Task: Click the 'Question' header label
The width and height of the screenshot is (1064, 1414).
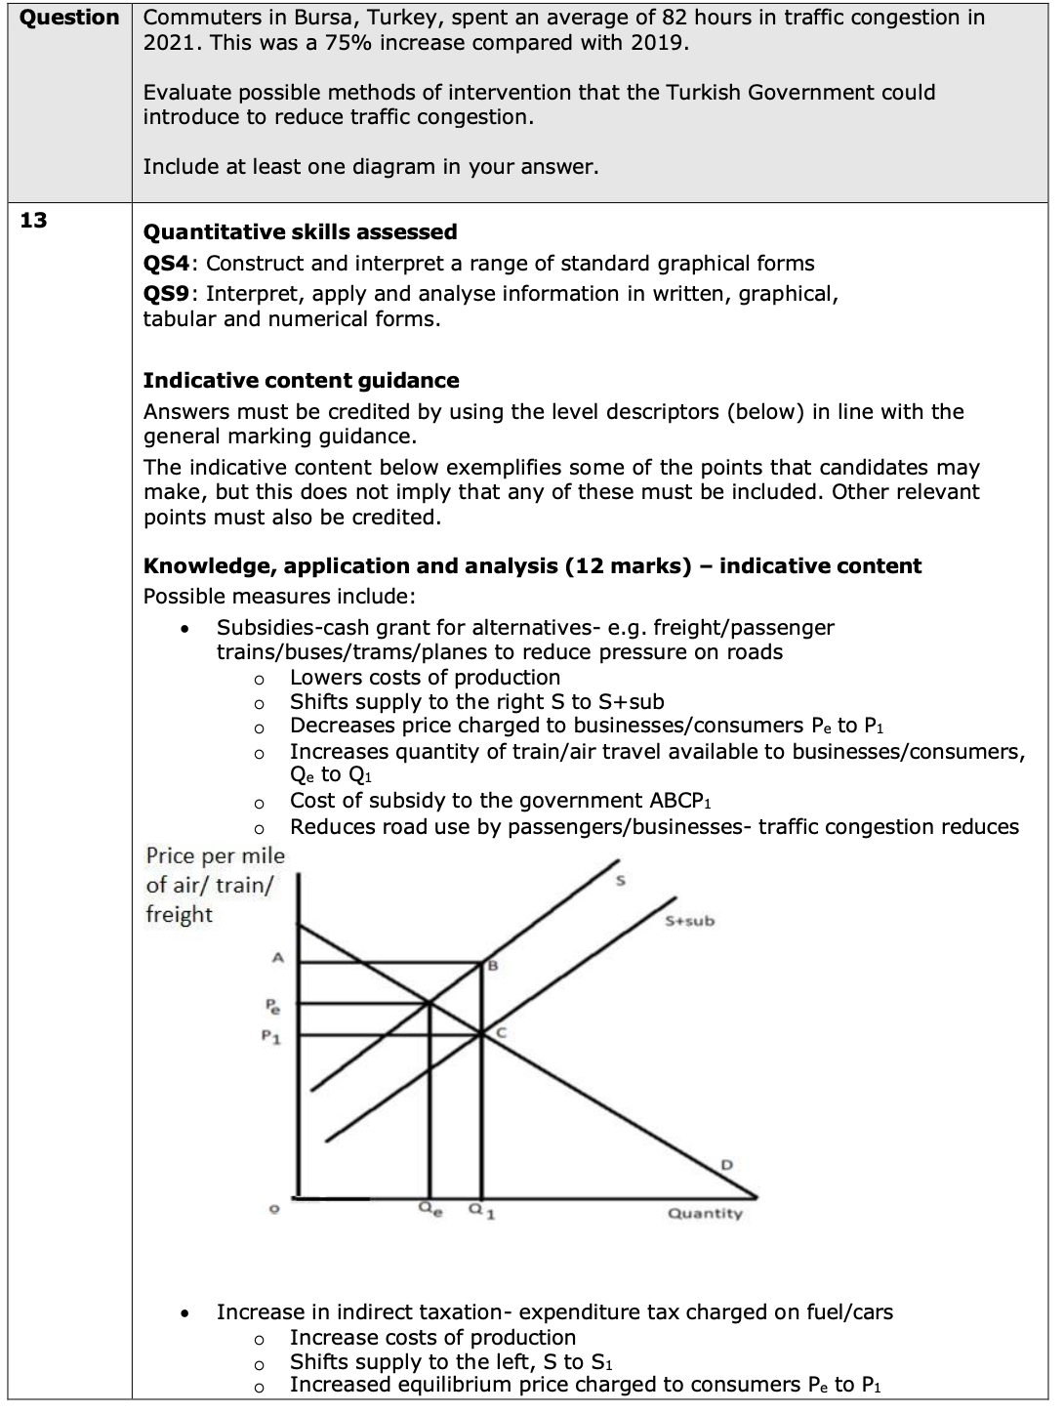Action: click(68, 18)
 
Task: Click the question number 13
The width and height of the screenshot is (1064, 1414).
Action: click(33, 220)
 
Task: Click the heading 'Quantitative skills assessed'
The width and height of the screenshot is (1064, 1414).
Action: click(300, 231)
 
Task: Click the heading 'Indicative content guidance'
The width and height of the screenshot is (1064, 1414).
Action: click(301, 380)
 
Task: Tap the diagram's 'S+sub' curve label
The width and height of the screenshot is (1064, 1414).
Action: click(689, 921)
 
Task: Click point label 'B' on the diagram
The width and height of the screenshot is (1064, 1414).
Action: click(493, 967)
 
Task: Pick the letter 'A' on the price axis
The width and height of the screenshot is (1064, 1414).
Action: click(276, 959)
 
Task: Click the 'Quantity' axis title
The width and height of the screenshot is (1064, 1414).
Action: click(705, 1214)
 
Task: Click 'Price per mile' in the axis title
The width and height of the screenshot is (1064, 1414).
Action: click(215, 856)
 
